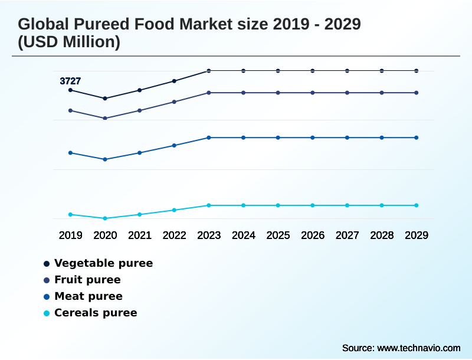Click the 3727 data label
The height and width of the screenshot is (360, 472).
click(70, 81)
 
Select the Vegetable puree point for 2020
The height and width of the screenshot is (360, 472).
click(105, 99)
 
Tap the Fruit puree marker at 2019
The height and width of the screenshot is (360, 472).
click(70, 110)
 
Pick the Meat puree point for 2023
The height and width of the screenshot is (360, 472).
click(209, 138)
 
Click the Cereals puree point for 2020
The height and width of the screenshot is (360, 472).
click(105, 218)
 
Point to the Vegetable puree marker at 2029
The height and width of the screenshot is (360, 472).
click(417, 71)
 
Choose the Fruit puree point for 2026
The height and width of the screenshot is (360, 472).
click(313, 93)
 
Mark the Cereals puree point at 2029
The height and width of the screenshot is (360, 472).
click(417, 205)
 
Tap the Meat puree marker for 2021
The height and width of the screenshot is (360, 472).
click(140, 153)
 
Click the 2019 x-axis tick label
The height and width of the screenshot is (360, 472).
click(70, 235)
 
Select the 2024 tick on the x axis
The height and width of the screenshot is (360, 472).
click(244, 235)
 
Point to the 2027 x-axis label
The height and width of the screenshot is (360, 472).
click(348, 235)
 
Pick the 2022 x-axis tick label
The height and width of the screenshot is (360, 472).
click(175, 235)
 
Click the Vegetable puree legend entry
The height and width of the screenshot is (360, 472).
click(103, 263)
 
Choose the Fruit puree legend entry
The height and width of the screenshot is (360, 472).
click(87, 280)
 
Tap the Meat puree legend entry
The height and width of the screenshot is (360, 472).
click(88, 296)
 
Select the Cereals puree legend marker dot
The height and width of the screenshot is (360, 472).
click(46, 313)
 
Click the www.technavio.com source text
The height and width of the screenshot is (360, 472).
click(419, 348)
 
